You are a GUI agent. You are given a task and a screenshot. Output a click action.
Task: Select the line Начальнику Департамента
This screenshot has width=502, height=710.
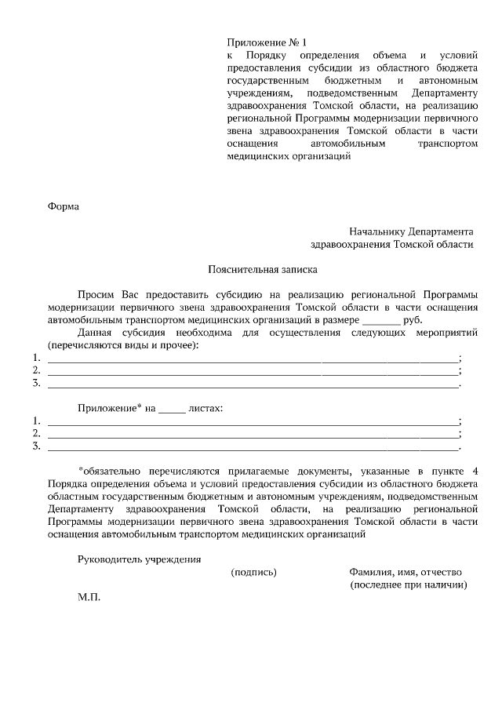click(411, 231)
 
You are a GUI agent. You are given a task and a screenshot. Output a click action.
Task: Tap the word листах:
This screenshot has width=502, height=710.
click(206, 409)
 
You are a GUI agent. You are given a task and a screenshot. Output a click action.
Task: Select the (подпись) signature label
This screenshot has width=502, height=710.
click(253, 572)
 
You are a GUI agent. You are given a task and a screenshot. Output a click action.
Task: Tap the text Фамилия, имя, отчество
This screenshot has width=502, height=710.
click(406, 572)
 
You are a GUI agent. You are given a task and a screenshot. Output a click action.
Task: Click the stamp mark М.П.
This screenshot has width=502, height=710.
click(89, 597)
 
